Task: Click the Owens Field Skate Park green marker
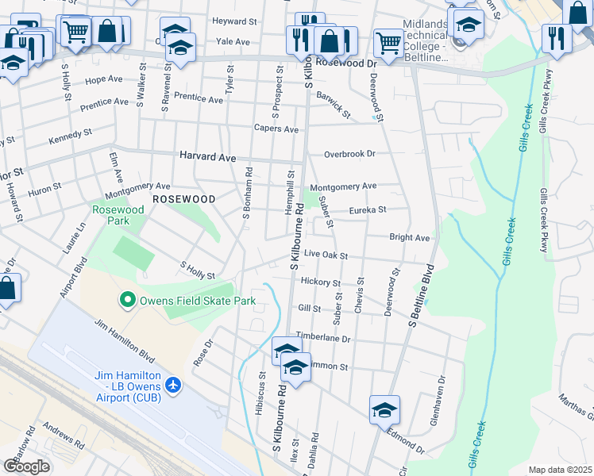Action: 126,301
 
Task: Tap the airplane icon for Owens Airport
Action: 173,386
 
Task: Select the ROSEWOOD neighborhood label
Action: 183,198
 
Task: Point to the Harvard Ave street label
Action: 207,157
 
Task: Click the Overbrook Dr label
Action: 349,154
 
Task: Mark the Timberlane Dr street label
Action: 323,338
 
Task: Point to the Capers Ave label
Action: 276,129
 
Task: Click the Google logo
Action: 26,466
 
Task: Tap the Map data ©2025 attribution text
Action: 561,470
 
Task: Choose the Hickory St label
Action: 321,282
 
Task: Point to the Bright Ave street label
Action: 409,237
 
